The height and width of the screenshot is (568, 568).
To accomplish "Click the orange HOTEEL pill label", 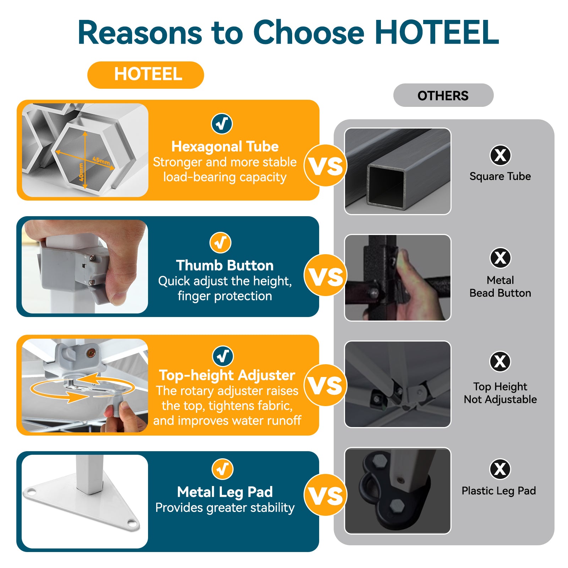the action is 146,75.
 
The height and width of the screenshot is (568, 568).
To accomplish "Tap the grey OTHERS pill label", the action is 443,95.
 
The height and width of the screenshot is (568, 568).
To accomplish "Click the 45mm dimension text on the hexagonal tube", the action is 102,160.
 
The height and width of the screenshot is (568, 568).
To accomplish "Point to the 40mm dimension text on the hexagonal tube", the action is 81,172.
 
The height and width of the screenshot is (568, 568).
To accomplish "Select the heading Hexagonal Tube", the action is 225,146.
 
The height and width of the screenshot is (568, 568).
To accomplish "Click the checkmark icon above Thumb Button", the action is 220,243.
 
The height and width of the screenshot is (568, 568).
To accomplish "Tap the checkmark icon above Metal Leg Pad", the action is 223,469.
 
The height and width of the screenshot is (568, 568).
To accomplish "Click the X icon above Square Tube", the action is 501,155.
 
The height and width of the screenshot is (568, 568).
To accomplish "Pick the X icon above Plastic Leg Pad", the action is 500,469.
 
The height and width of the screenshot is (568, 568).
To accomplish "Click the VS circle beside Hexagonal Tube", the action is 325,165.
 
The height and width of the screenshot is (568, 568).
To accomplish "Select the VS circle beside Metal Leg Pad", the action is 325,495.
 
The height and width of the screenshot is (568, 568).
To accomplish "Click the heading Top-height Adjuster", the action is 227,375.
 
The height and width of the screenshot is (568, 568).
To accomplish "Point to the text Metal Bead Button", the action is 500,286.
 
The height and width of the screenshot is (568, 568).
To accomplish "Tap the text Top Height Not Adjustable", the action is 500,393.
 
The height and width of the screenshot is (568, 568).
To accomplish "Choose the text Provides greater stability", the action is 225,508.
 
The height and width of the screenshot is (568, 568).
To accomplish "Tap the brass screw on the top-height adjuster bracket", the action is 91,353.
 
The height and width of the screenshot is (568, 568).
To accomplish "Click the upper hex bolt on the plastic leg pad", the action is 379,460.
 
